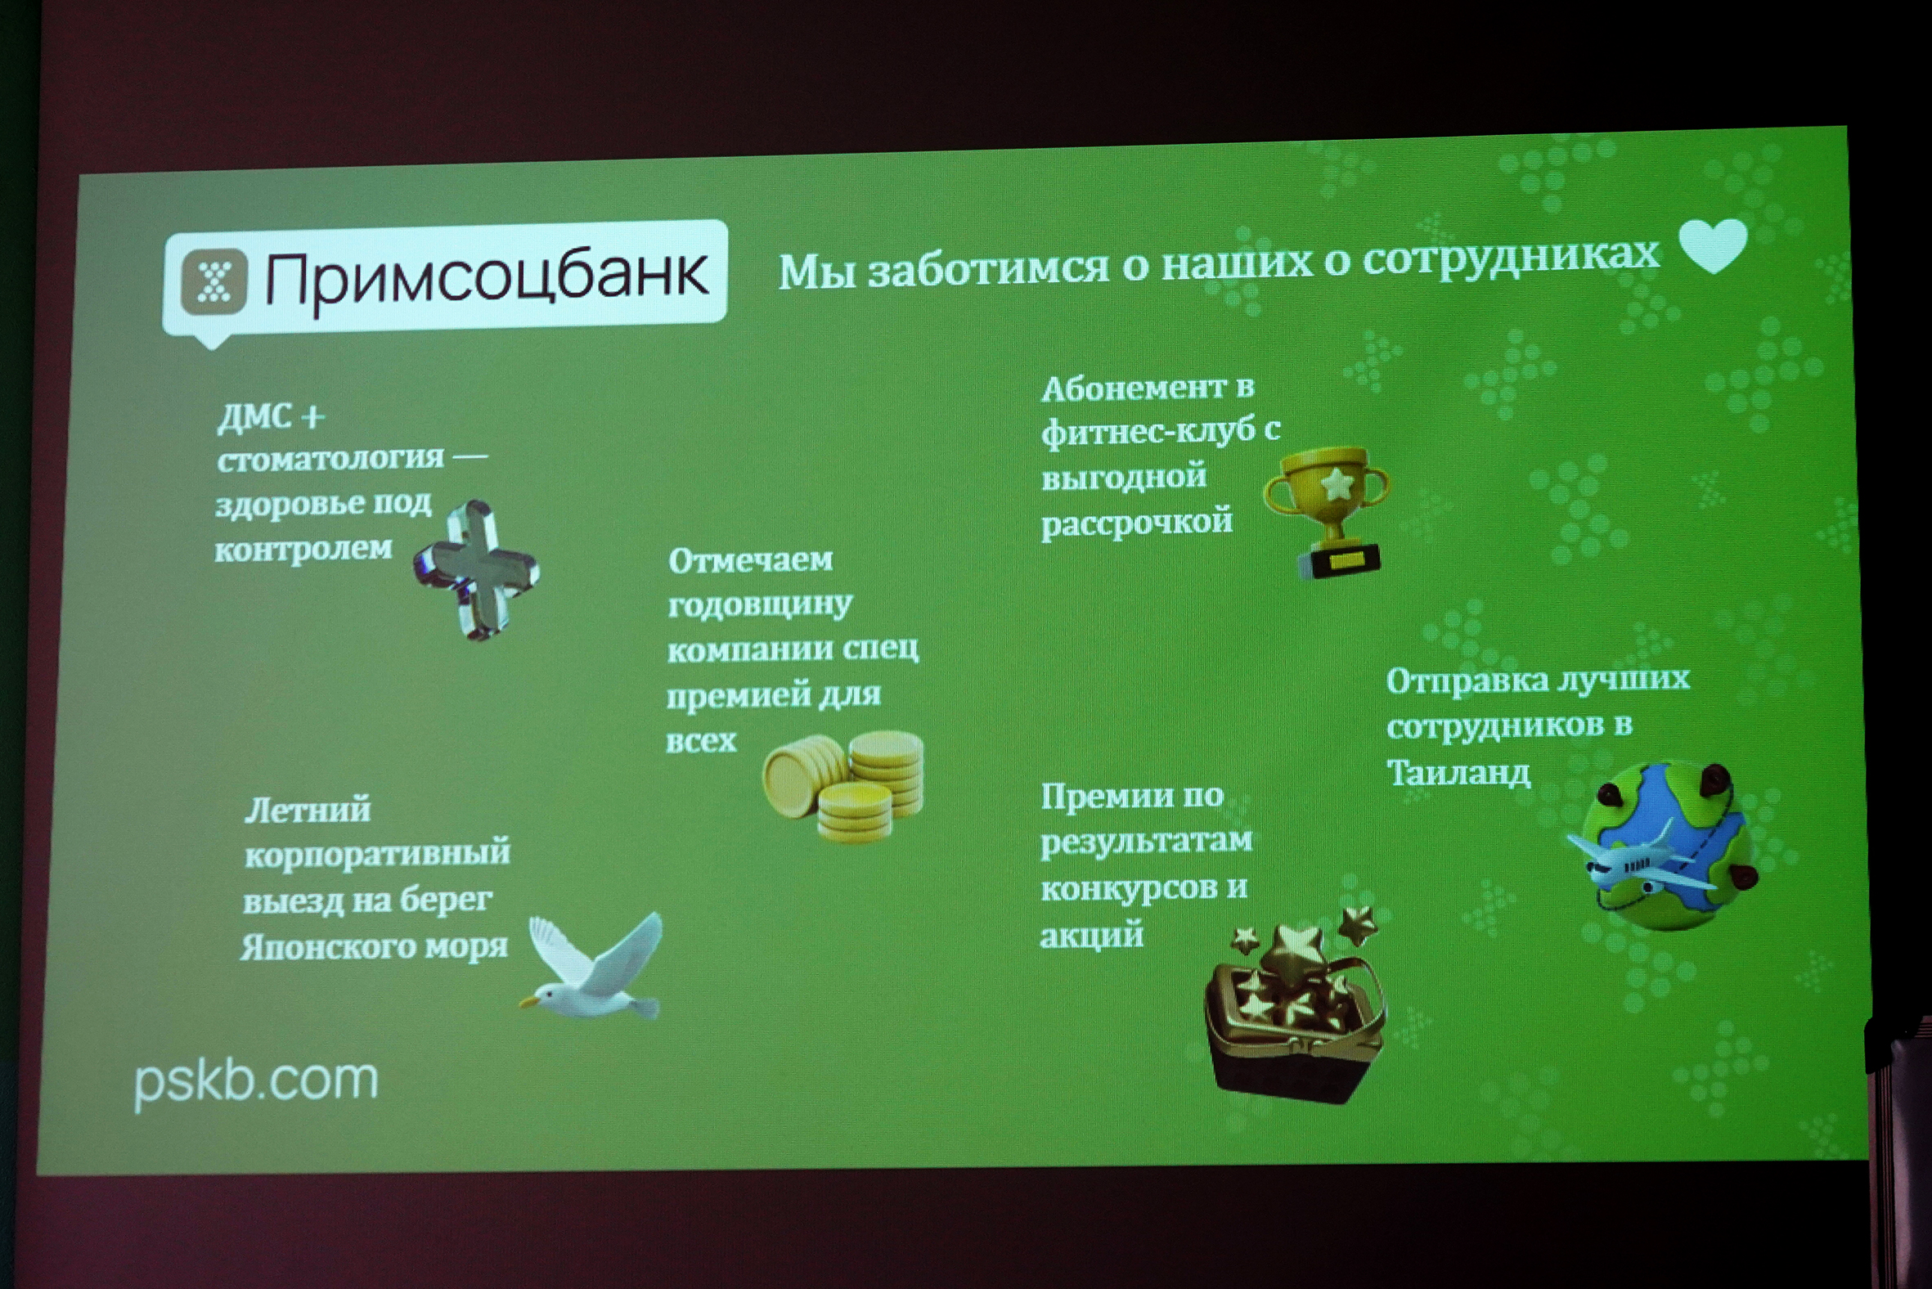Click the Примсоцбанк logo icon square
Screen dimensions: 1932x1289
point(213,282)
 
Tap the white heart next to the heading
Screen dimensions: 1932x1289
point(1713,246)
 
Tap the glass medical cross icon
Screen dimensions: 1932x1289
point(476,570)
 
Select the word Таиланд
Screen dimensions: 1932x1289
point(1458,773)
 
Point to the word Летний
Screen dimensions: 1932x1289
point(308,810)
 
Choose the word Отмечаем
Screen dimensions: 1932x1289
point(751,559)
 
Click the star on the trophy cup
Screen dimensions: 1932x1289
point(1337,484)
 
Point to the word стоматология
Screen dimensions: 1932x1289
point(330,458)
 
